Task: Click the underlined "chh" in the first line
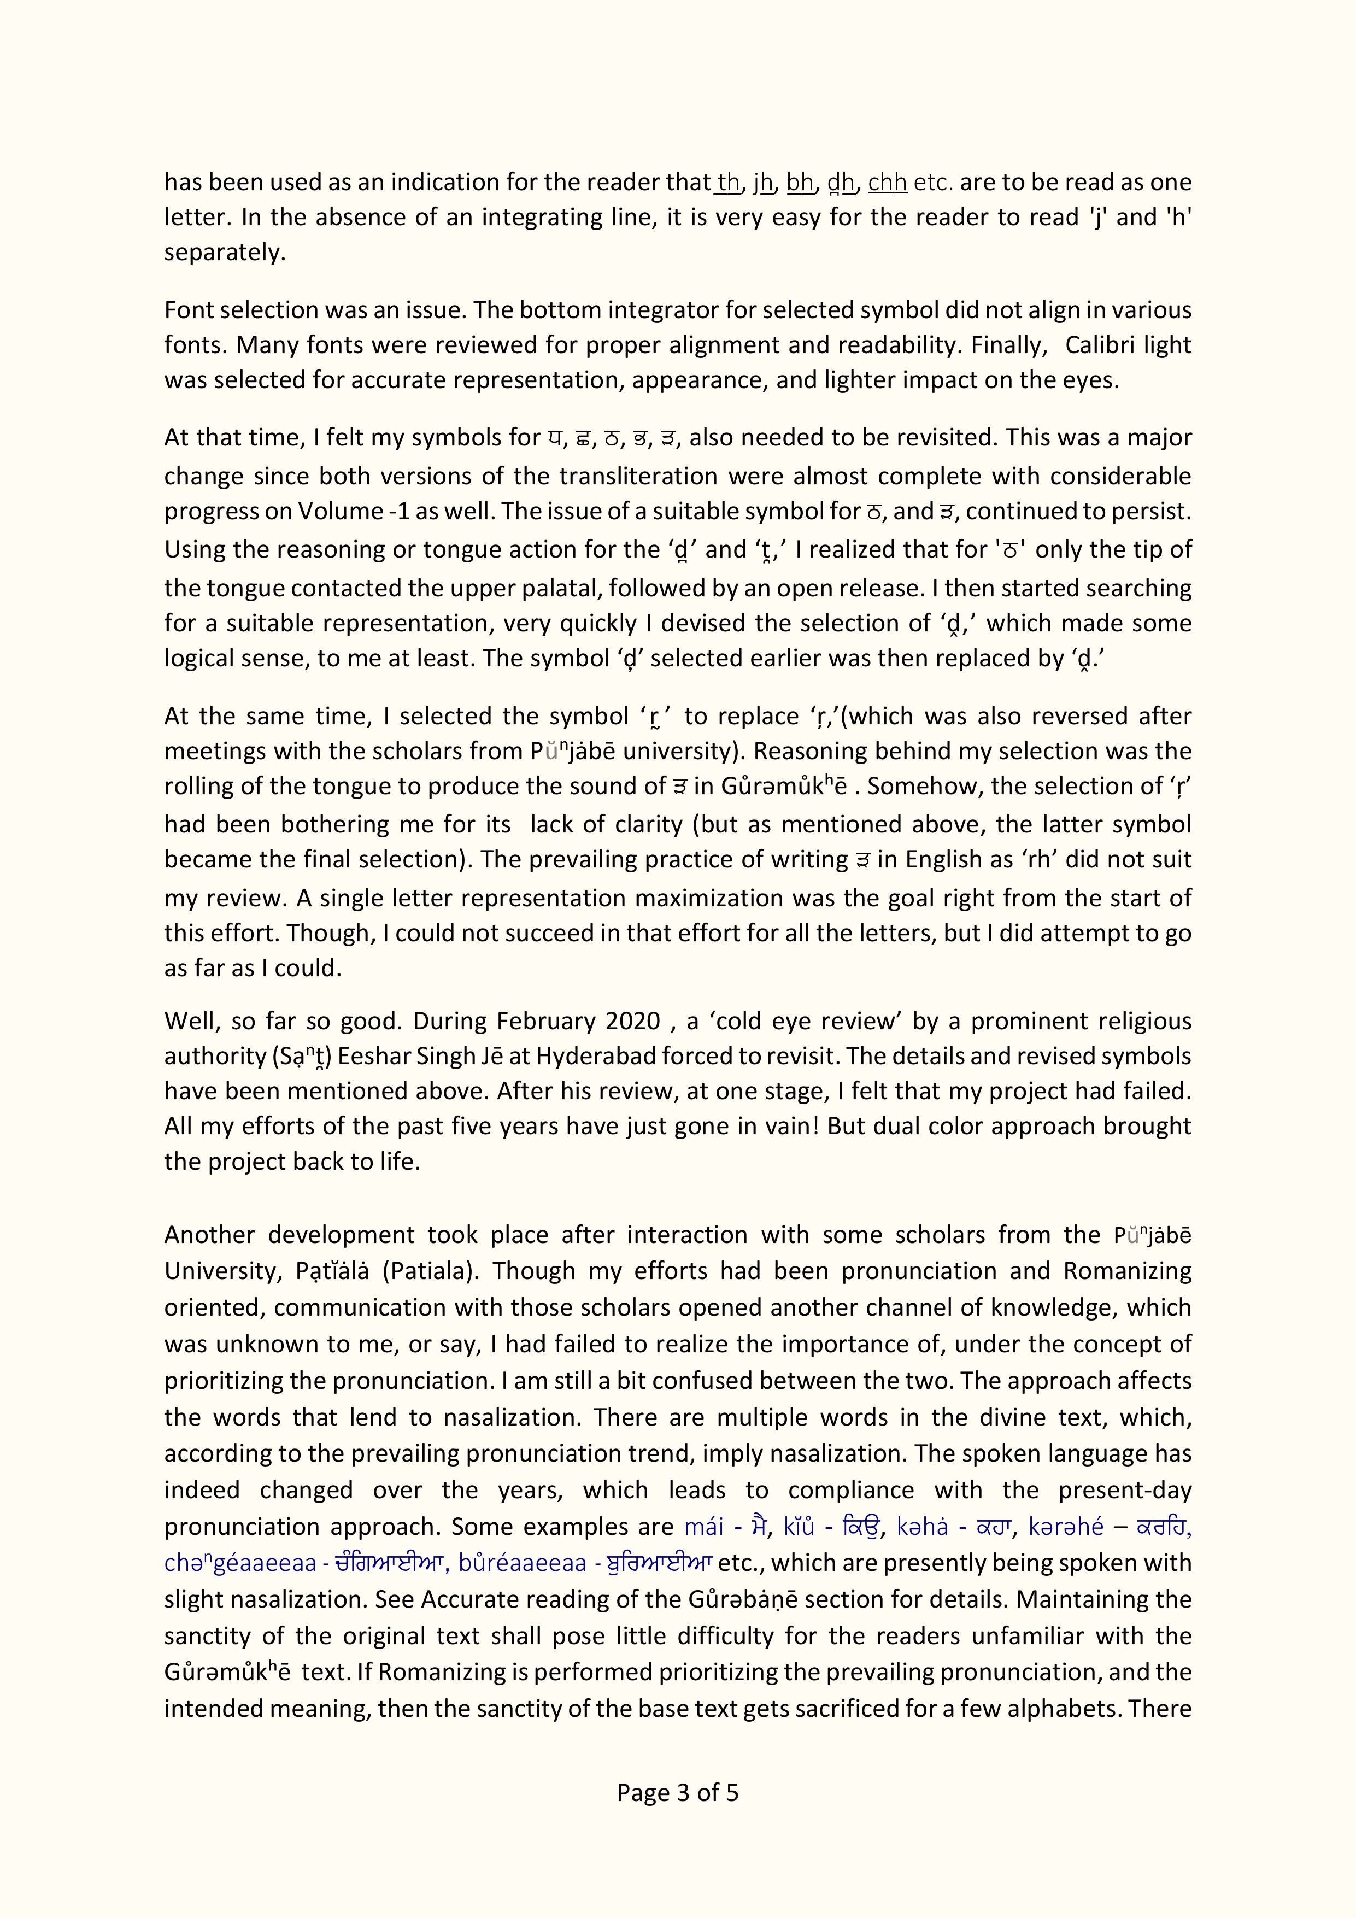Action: coord(887,182)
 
